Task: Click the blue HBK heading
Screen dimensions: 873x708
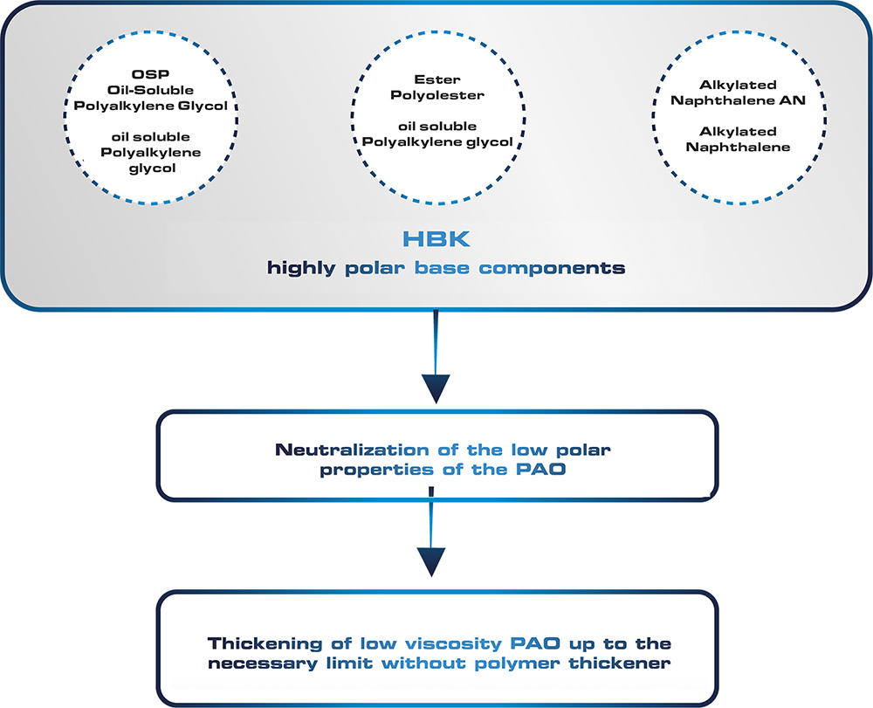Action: click(436, 239)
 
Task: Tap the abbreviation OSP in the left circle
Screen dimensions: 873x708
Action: click(150, 74)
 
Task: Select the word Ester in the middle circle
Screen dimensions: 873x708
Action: click(437, 79)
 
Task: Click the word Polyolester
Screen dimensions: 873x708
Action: click(437, 95)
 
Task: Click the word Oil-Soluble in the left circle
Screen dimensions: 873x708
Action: click(150, 90)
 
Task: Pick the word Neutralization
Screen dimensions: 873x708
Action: click(352, 450)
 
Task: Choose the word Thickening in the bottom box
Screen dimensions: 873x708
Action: click(265, 643)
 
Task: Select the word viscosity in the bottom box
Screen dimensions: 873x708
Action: click(453, 644)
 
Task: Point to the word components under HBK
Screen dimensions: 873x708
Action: click(552, 268)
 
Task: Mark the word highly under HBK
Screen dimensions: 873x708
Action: click(301, 268)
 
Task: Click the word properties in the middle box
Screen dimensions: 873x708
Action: click(376, 471)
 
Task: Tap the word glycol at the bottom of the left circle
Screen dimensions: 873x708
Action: click(152, 168)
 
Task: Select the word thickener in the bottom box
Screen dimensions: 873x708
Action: click(619, 663)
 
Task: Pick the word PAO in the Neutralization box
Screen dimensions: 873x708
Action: click(540, 469)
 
